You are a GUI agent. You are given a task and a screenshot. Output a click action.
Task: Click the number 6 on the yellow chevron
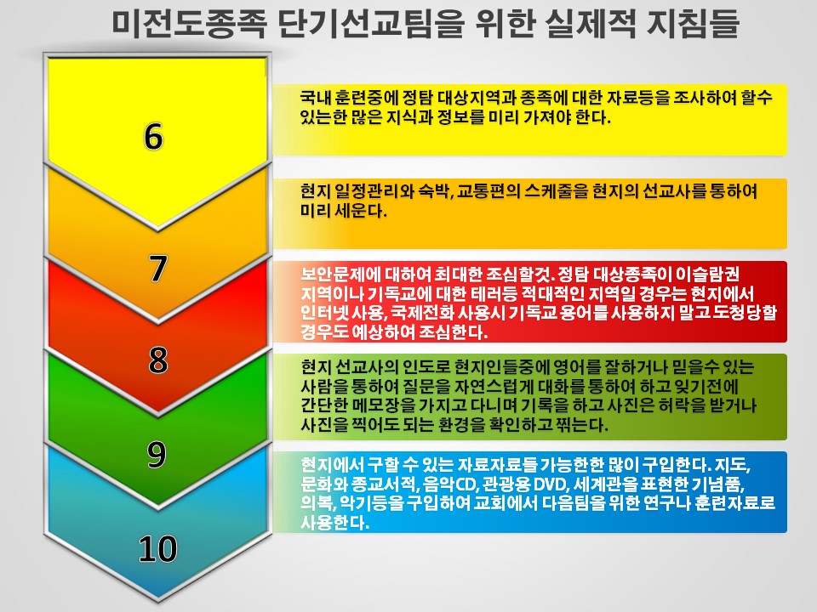(153, 136)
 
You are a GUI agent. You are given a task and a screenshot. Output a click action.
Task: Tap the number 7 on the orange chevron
(158, 269)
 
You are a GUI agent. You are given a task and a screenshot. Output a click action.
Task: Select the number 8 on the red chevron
(158, 360)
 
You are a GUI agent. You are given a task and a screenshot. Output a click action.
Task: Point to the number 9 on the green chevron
(157, 454)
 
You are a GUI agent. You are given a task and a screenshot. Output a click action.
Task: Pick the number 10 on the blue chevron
(158, 548)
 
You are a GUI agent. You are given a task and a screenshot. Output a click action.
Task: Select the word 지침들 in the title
(693, 24)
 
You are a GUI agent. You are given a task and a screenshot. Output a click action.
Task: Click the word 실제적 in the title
(591, 24)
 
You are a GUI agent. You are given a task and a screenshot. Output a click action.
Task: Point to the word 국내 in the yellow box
(315, 98)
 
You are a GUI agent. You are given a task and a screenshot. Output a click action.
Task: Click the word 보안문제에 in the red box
(340, 274)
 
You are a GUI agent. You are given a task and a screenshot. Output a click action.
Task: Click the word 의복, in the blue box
(318, 503)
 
